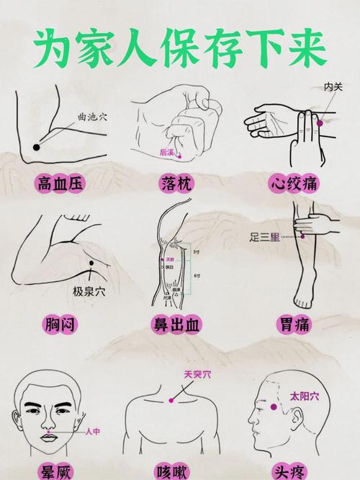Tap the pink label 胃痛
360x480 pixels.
293,324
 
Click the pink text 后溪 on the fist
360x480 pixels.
167,152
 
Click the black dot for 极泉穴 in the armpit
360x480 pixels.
91,273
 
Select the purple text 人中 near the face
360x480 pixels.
93,431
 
